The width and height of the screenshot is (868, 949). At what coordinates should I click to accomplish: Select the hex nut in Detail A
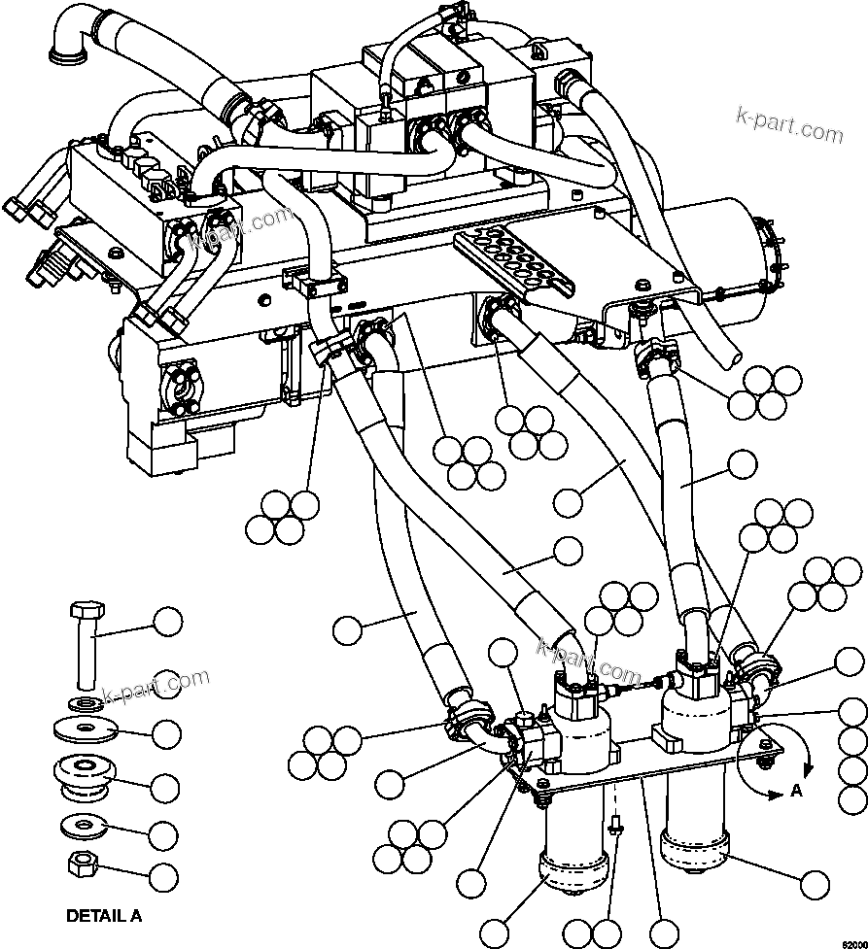click(83, 862)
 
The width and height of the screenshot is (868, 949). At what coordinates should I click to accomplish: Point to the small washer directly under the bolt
click(86, 700)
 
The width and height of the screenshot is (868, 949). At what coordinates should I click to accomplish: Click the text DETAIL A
click(103, 915)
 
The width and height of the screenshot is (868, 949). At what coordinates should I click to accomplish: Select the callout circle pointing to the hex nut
click(164, 877)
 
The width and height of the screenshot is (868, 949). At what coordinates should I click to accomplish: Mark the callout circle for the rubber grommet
click(166, 786)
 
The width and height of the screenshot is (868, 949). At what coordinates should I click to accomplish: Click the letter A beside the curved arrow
click(796, 791)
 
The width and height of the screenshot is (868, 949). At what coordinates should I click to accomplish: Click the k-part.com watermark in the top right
click(788, 125)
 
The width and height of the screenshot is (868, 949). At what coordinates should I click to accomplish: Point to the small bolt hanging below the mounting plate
click(615, 827)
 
